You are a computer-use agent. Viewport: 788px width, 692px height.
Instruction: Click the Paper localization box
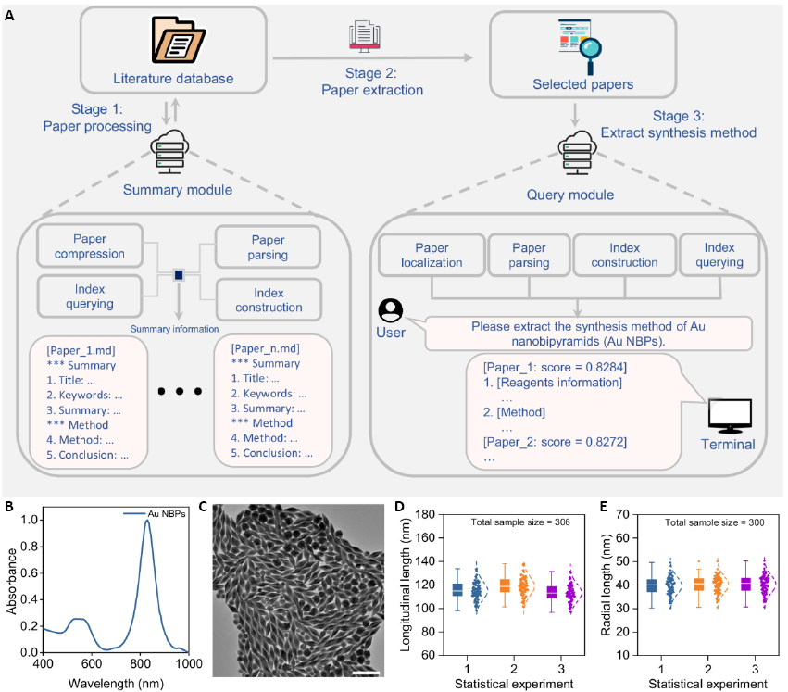pos(432,255)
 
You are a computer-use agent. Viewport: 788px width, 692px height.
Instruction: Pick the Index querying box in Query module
pos(723,255)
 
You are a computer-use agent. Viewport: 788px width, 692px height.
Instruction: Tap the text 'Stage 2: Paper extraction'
pos(372,82)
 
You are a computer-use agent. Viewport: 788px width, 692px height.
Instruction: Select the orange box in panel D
pos(504,585)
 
